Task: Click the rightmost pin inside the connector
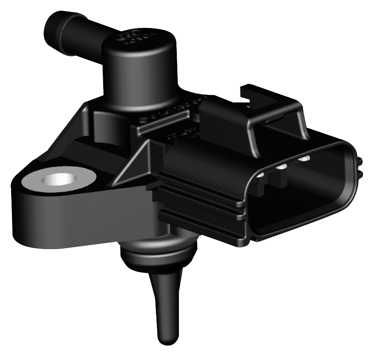click(304, 158)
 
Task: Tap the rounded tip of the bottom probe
click(166, 339)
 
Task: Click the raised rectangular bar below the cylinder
click(160, 123)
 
